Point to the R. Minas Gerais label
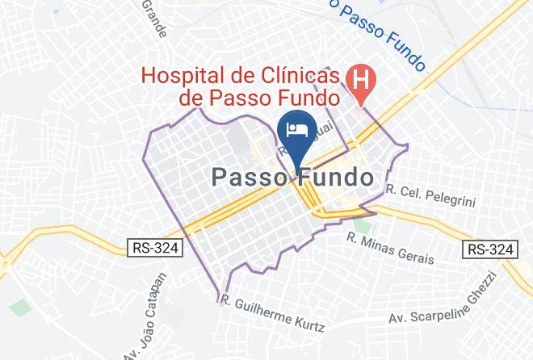pos(391,249)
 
